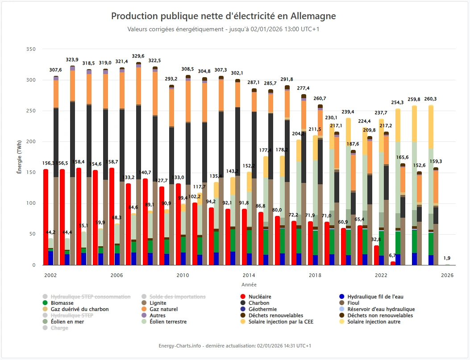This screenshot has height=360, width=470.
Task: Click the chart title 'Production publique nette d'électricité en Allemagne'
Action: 223,17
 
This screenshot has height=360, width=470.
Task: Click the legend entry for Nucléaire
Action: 260,297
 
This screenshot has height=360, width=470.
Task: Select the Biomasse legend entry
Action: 62,303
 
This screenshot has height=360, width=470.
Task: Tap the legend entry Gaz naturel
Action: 164,309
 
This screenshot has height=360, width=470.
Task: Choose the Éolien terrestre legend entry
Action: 168,322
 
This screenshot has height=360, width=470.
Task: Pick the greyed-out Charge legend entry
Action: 59,328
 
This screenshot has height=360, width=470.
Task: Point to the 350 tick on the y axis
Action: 31,49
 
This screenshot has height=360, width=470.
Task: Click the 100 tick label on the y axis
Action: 31,203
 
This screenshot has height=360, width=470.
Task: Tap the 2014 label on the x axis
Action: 249,276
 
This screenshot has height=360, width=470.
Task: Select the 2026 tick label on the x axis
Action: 447,276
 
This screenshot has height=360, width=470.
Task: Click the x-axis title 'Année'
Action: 249,285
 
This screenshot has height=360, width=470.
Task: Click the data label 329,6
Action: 138,56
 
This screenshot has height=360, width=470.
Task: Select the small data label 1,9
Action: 447,258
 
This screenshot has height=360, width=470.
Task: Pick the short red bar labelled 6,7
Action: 393,263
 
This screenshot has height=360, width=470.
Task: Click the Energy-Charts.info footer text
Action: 235,346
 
